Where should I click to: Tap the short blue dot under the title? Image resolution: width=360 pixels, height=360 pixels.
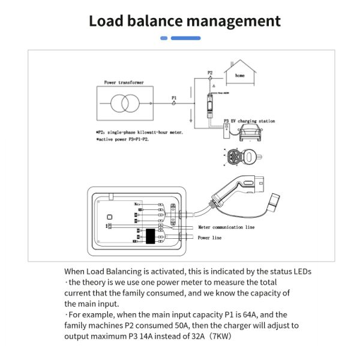[164, 38]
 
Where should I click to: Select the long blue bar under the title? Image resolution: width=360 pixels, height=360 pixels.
[185, 38]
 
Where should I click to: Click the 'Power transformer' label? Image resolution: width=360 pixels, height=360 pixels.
[124, 82]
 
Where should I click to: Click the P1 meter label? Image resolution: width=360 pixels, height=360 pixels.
[174, 97]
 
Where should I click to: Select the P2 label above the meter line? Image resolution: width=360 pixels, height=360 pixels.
[210, 73]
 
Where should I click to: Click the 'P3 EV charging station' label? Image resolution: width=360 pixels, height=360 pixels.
[249, 121]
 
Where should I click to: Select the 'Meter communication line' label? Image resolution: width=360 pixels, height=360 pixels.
[226, 227]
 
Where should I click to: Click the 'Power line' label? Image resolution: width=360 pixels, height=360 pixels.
[209, 238]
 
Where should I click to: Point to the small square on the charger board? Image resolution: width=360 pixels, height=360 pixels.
[109, 217]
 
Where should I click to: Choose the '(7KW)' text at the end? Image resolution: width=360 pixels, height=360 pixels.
[218, 337]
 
